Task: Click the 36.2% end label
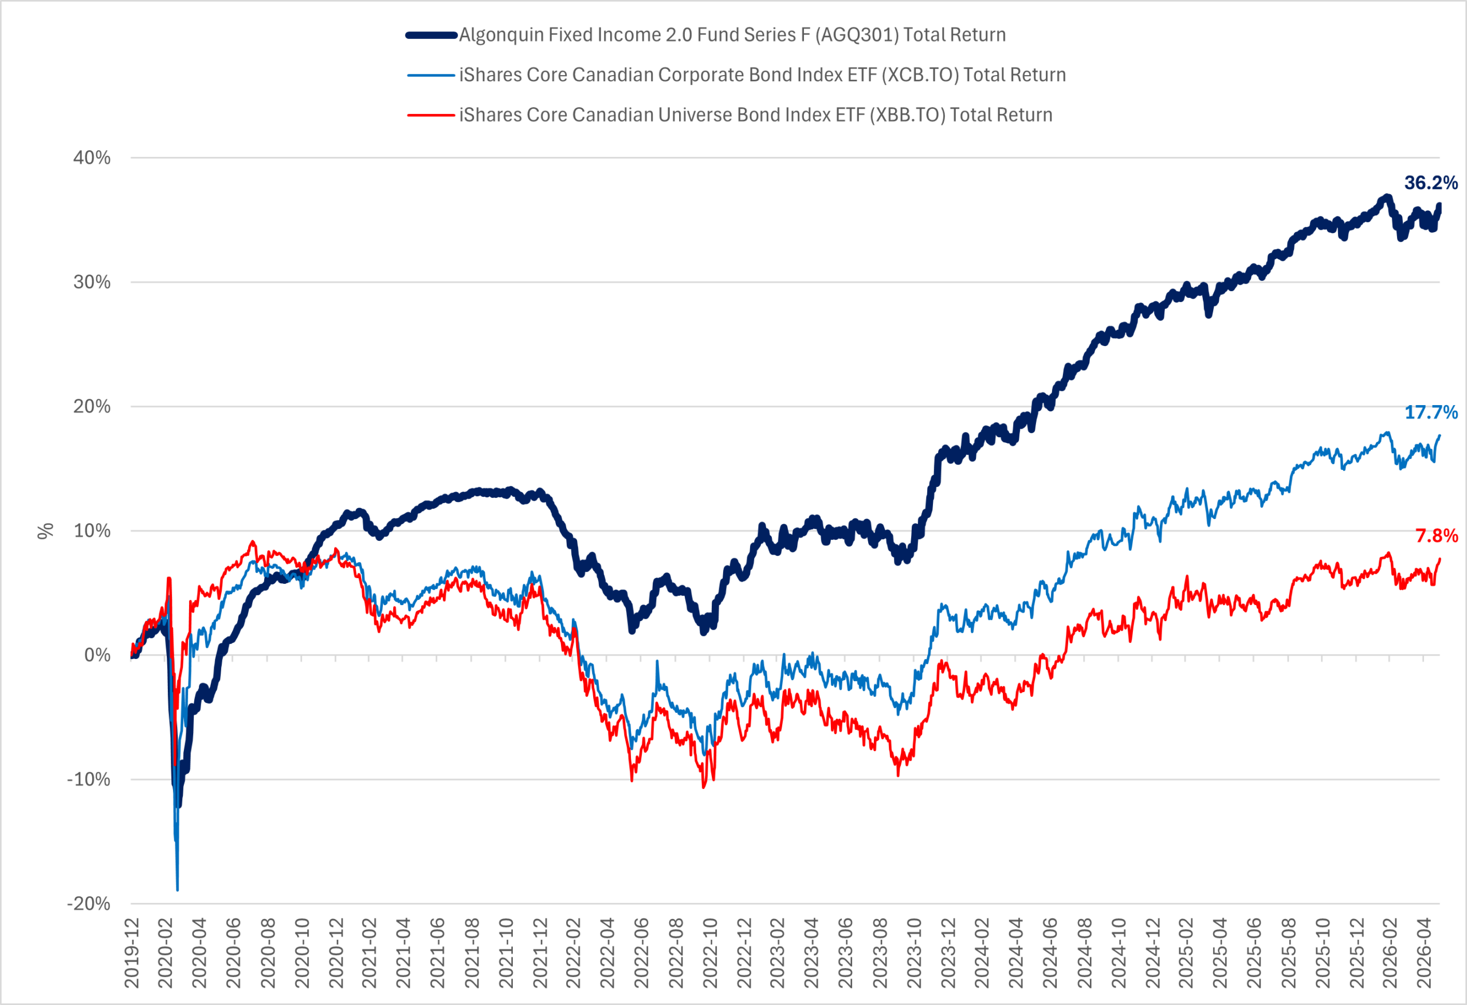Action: pyautogui.click(x=1431, y=183)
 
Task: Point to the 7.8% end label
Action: pyautogui.click(x=1437, y=536)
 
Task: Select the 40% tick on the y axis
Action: pyautogui.click(x=92, y=158)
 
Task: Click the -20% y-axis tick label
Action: pyautogui.click(x=89, y=904)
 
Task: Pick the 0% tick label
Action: pyautogui.click(x=98, y=655)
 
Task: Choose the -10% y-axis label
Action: pyautogui.click(x=89, y=780)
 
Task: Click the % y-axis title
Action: pyautogui.click(x=45, y=532)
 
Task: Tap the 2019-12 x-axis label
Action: pyautogui.click(x=132, y=953)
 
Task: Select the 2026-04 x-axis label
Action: pyautogui.click(x=1423, y=953)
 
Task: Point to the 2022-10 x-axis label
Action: pyautogui.click(x=709, y=953)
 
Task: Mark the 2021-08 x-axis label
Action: pyautogui.click(x=472, y=953)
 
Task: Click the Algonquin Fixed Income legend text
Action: pyautogui.click(x=732, y=36)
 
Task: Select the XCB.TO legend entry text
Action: pyautogui.click(x=763, y=75)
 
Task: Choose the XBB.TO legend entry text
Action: pyautogui.click(x=756, y=115)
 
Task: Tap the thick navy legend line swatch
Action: pyautogui.click(x=431, y=36)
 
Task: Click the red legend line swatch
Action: pyautogui.click(x=431, y=116)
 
